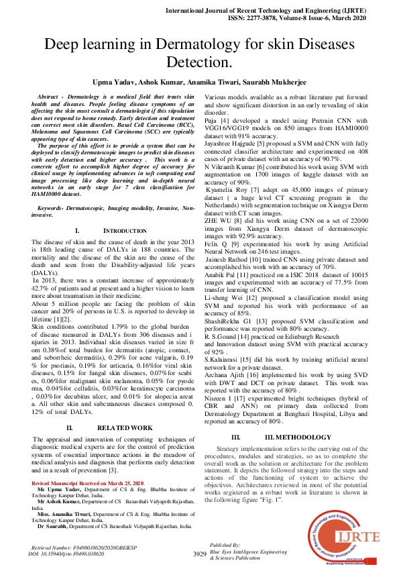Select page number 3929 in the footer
click(x=199, y=554)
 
